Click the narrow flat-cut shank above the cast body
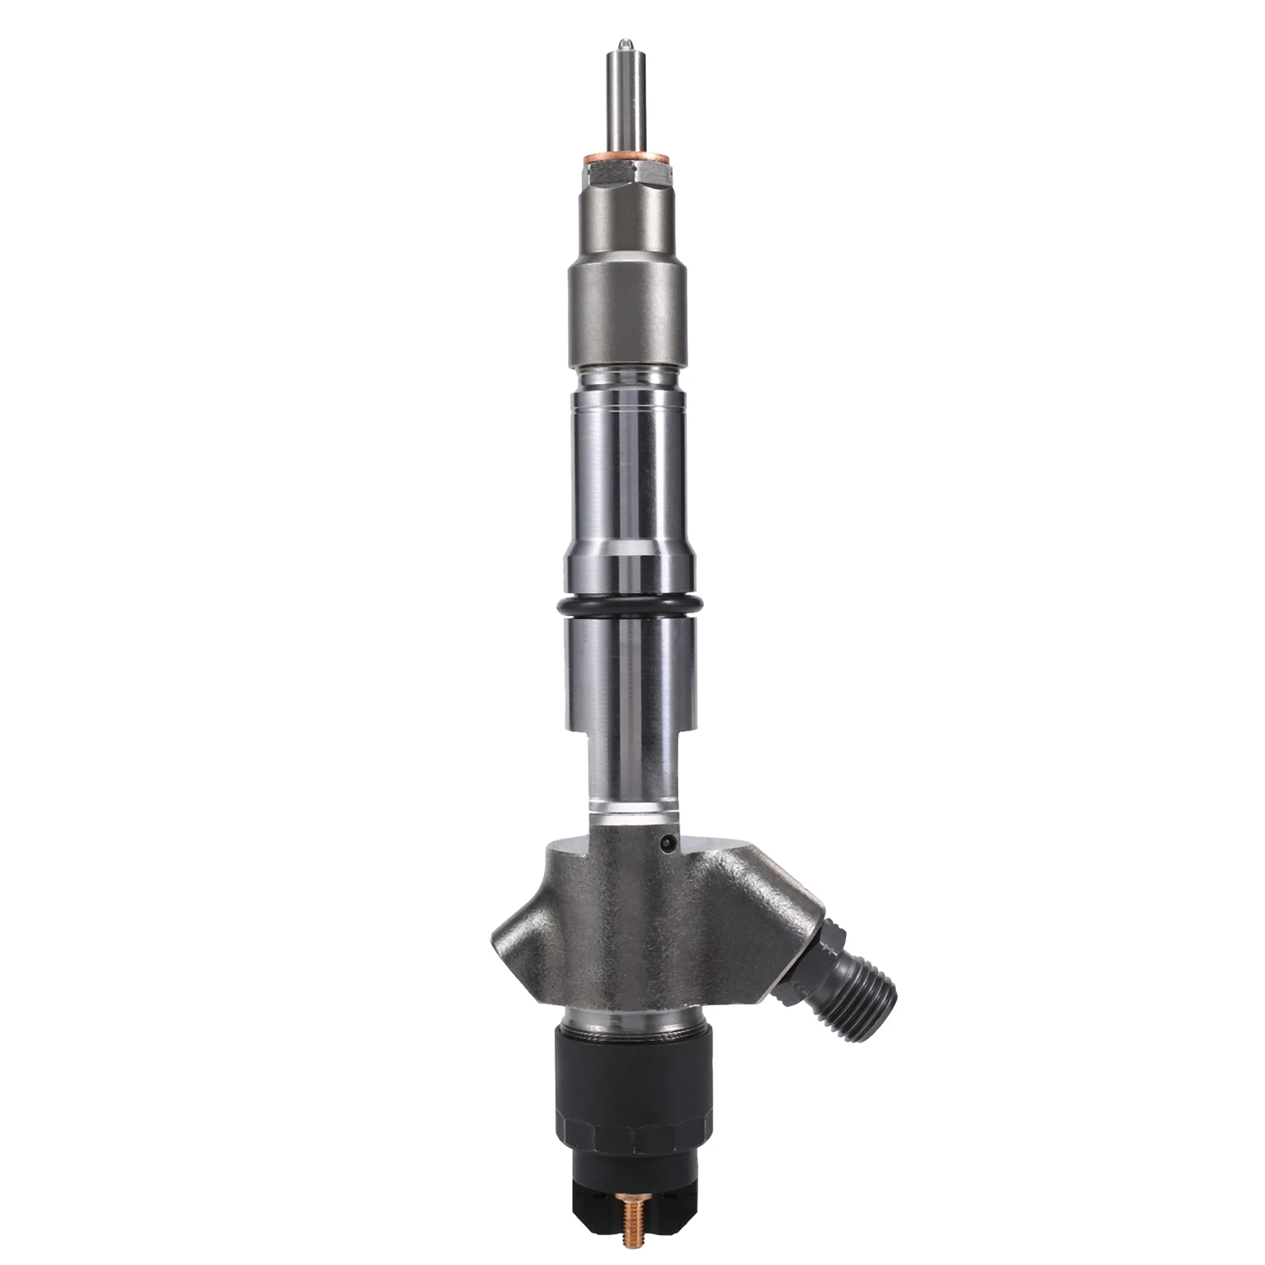pyautogui.click(x=632, y=774)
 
